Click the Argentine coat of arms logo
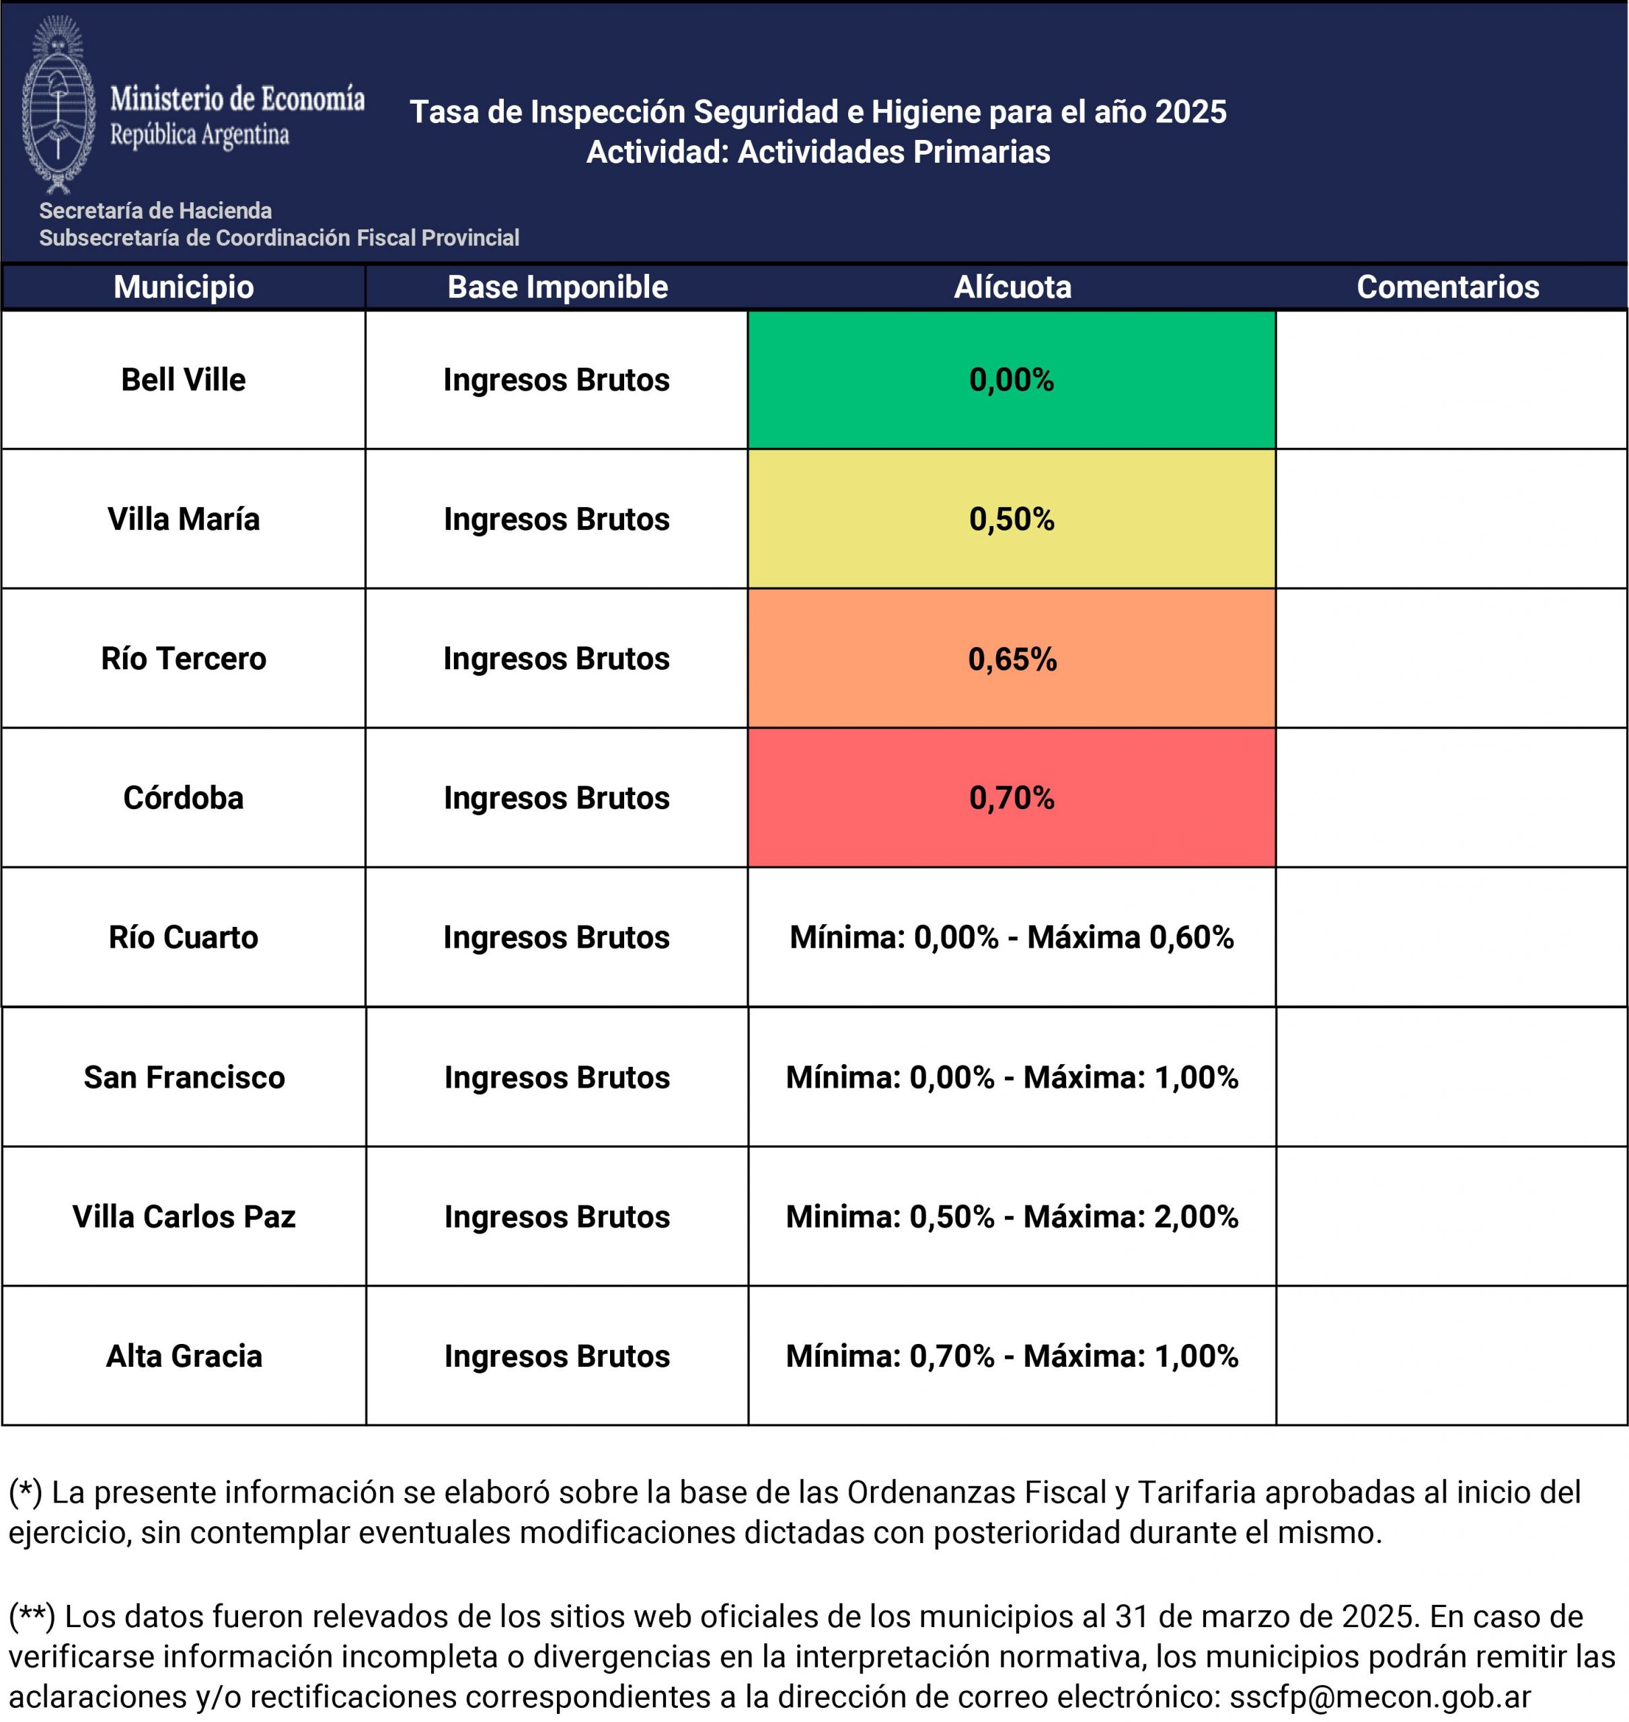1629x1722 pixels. pos(57,104)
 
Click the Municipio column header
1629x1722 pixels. pos(183,287)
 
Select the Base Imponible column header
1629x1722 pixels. pos(558,287)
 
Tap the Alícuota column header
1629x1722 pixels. pos(1012,287)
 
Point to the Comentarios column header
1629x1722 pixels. pos(1447,287)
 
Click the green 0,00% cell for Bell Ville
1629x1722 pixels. pos(1011,379)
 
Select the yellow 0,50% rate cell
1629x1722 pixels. pos(1011,519)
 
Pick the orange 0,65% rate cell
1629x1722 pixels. pos(1012,659)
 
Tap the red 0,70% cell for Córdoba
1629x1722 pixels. pos(1011,798)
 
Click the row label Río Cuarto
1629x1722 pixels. pos(183,938)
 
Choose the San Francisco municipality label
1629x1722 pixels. pos(184,1078)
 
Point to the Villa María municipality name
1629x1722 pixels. pos(183,519)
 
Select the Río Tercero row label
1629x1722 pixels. pos(183,659)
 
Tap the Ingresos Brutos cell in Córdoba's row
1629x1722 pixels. pos(557,798)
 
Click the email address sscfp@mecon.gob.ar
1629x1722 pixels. pos(1379,1696)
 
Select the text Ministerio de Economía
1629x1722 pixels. pos(237,98)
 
